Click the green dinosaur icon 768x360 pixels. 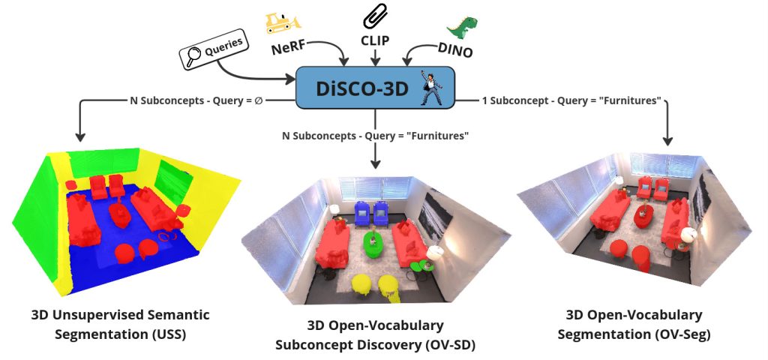click(x=463, y=26)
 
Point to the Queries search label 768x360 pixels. click(x=214, y=51)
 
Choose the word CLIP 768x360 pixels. click(x=375, y=40)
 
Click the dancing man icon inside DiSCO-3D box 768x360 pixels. click(x=432, y=87)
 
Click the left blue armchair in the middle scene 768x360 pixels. click(x=362, y=213)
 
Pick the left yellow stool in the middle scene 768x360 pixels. click(x=361, y=284)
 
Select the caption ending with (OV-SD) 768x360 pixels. click(x=375, y=335)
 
